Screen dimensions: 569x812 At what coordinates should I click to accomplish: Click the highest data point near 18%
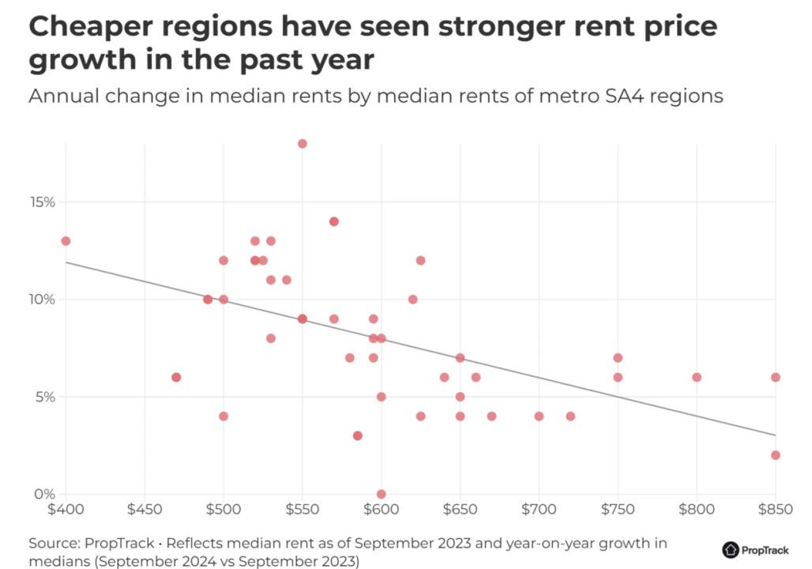click(302, 144)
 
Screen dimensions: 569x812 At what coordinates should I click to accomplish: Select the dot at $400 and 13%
click(66, 241)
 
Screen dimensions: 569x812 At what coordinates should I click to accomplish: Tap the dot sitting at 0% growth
click(381, 494)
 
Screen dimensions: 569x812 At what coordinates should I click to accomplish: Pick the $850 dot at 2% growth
click(775, 455)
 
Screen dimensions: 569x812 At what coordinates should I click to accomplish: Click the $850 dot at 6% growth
click(775, 377)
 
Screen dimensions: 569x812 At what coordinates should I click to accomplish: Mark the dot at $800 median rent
click(696, 377)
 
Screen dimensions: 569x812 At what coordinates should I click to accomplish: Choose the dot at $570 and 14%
click(333, 221)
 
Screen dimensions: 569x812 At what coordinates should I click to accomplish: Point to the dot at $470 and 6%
click(176, 377)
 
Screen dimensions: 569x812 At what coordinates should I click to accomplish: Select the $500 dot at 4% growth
click(224, 416)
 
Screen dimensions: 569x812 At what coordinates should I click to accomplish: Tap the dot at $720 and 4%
click(570, 416)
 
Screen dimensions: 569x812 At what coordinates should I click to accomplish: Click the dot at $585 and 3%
click(357, 435)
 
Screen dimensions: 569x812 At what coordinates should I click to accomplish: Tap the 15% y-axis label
click(43, 202)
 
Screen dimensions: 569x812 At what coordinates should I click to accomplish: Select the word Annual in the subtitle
click(61, 96)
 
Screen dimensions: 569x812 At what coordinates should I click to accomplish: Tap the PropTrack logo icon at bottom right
click(730, 549)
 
